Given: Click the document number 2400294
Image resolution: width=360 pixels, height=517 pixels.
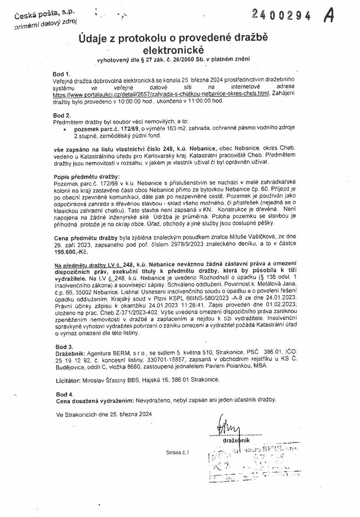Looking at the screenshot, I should [282, 16].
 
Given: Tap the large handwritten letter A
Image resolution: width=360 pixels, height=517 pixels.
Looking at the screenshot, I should [329, 16].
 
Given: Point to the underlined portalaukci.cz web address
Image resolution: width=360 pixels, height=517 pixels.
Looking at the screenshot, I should [160, 94].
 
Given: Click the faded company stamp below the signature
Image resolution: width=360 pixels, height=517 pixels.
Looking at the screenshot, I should [246, 463].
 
